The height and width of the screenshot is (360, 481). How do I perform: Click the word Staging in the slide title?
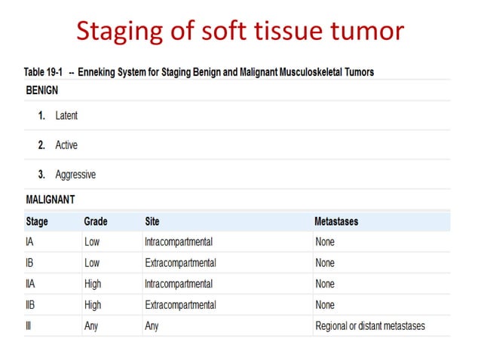pyautogui.click(x=121, y=31)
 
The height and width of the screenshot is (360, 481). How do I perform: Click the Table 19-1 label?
pyautogui.click(x=44, y=72)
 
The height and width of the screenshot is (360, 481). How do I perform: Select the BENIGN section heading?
pyautogui.click(x=42, y=90)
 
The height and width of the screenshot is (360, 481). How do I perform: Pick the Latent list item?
pyautogui.click(x=66, y=116)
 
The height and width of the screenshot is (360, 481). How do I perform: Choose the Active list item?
pyautogui.click(x=66, y=145)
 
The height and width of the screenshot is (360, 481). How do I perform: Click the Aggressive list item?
pyautogui.click(x=75, y=175)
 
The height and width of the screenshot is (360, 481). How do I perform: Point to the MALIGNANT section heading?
pyautogui.click(x=51, y=200)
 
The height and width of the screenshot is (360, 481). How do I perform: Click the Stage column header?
pyautogui.click(x=37, y=221)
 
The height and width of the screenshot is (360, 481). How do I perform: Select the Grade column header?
pyautogui.click(x=96, y=221)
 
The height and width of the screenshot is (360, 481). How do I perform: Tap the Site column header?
pyautogui.click(x=152, y=221)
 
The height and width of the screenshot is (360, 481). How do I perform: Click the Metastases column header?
pyautogui.click(x=335, y=221)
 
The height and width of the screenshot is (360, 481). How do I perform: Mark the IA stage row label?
pyautogui.click(x=30, y=242)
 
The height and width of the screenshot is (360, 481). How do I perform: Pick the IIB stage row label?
pyautogui.click(x=31, y=305)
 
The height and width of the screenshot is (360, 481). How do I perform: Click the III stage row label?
pyautogui.click(x=29, y=326)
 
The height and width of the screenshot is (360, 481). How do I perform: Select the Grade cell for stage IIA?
pyautogui.click(x=93, y=284)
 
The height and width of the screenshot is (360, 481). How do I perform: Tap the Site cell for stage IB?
pyautogui.click(x=180, y=263)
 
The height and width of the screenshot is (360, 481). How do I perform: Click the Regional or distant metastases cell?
pyautogui.click(x=370, y=326)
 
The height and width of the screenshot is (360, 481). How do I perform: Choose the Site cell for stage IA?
pyautogui.click(x=179, y=242)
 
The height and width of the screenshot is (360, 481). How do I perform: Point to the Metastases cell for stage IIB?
pyautogui.click(x=325, y=305)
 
